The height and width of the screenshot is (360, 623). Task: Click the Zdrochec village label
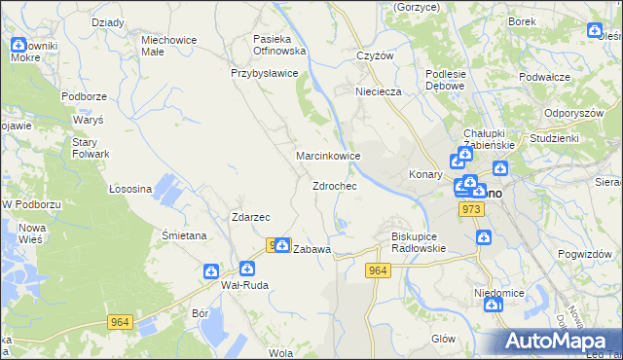pyautogui.click(x=334, y=186)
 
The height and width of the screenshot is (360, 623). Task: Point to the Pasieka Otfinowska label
pyautogui.click(x=279, y=43)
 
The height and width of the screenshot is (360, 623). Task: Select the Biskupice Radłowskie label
pyautogui.click(x=418, y=241)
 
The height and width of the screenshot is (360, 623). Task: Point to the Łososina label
pyautogui.click(x=129, y=189)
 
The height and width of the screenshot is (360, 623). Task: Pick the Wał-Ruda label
pyautogui.click(x=244, y=285)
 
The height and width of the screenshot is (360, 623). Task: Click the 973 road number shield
pyautogui.click(x=473, y=209)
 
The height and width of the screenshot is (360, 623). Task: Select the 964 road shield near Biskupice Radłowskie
pyautogui.click(x=379, y=270)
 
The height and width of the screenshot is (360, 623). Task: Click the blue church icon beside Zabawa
pyautogui.click(x=281, y=245)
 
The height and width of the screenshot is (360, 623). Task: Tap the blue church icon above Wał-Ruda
pyautogui.click(x=211, y=271)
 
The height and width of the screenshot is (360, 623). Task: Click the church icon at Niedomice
pyautogui.click(x=493, y=305)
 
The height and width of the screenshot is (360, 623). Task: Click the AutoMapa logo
pyautogui.click(x=555, y=341)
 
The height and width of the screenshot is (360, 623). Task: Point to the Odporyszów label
pyautogui.click(x=575, y=112)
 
